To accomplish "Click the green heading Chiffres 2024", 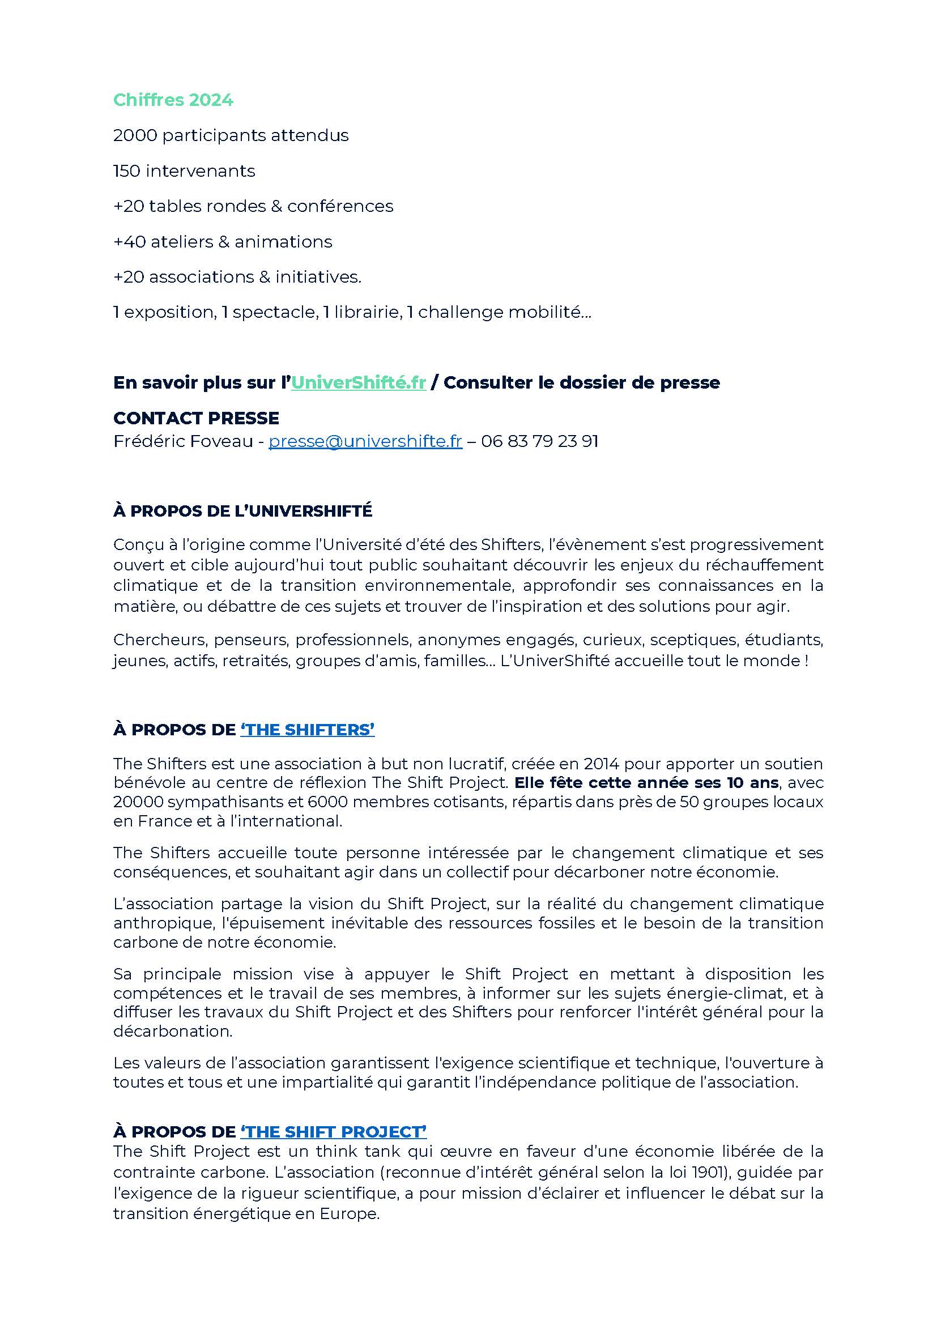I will [173, 100].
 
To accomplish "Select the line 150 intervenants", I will [184, 171].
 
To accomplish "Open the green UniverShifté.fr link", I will [358, 382].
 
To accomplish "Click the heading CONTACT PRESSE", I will [196, 419].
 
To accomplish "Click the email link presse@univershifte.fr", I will [365, 441].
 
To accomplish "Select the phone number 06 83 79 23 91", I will [539, 441].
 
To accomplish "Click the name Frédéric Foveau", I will [183, 441].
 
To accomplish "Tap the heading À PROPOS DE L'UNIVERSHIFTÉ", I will [243, 512].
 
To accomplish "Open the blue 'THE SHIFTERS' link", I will [308, 730].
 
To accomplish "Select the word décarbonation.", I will [173, 1031].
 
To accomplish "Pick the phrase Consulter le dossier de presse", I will [582, 382].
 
